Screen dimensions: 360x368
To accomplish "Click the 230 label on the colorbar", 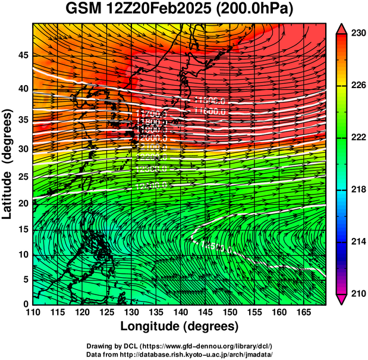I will pyautogui.click(x=358, y=34).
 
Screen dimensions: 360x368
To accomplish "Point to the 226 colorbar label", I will pyautogui.click(x=358, y=86).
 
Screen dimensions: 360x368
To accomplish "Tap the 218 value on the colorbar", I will pyautogui.click(x=358, y=189).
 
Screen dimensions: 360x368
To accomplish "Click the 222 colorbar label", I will pyautogui.click(x=358, y=137).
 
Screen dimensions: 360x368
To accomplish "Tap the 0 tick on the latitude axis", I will pyautogui.click(x=24, y=304).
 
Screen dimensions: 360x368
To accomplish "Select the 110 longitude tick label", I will pyautogui.click(x=33, y=312).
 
